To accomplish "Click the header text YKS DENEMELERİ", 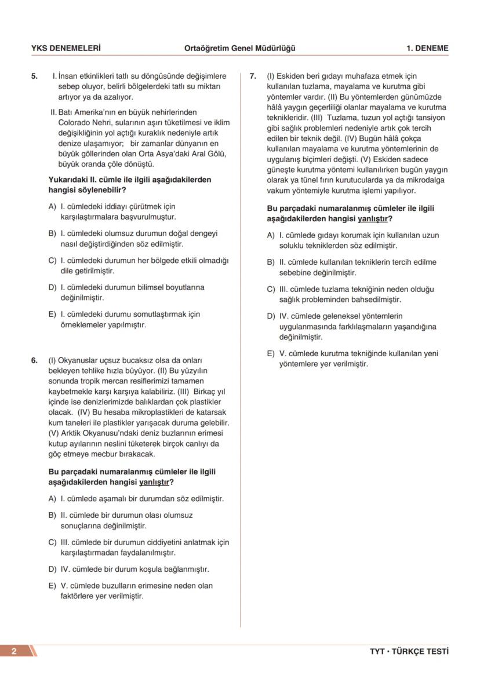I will click(x=66, y=48).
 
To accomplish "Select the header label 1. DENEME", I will click(x=427, y=48).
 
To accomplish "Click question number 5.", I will click(x=34, y=76).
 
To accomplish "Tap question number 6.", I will click(x=34, y=360).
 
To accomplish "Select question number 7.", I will click(x=253, y=76).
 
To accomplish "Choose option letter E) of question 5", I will click(x=52, y=314).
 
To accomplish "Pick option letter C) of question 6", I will click(x=52, y=542).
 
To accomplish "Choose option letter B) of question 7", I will click(x=271, y=262).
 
